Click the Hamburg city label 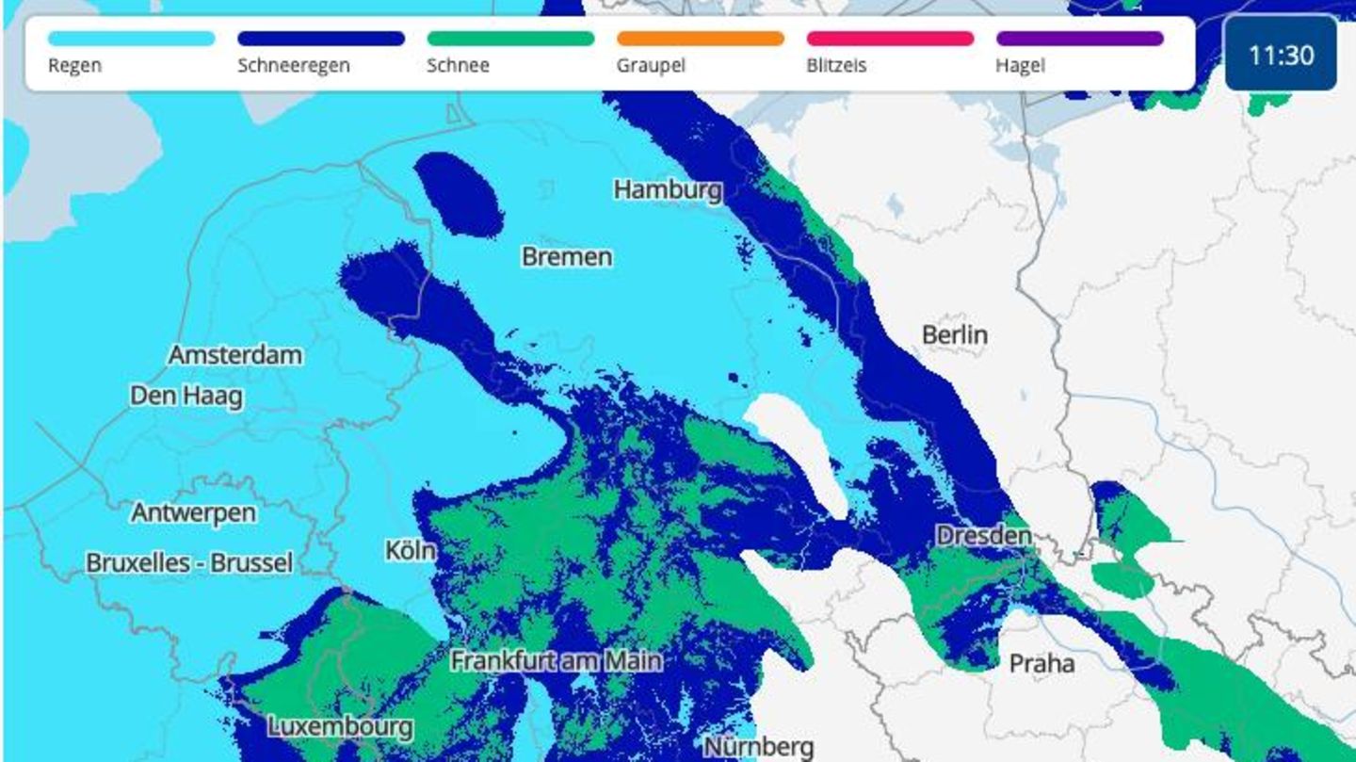tap(668, 190)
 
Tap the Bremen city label tap(567, 256)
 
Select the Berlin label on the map tap(954, 334)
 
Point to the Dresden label tap(983, 536)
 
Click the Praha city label tap(1041, 664)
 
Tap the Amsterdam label tap(235, 355)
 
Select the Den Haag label tap(186, 396)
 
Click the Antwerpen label tap(193, 513)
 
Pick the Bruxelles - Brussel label tap(189, 563)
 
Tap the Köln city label tap(411, 550)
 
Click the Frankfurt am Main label tap(556, 661)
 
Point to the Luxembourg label tap(340, 727)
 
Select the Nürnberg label tap(758, 747)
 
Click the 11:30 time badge tap(1281, 55)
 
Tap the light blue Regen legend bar tap(131, 39)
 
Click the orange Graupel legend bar tap(700, 39)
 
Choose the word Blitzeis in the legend tap(836, 66)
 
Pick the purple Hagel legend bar tap(1079, 39)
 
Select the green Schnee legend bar tap(510, 39)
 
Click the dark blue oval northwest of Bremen tap(459, 195)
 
